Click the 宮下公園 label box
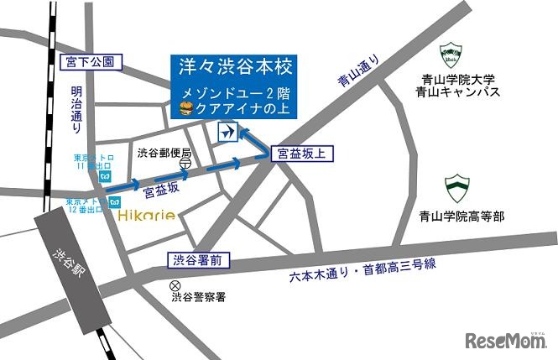click(93, 61)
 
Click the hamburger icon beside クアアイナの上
click(186, 107)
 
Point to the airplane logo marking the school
click(227, 133)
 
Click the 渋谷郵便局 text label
click(164, 153)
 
